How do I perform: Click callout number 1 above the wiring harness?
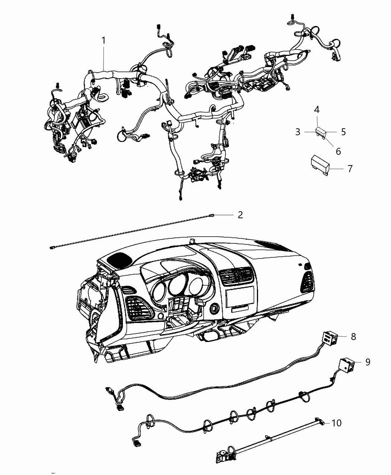coord(104,40)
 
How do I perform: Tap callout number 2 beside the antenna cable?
coord(240,215)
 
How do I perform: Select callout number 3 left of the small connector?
coord(298,132)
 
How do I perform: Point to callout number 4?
coord(317,110)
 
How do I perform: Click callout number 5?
coord(343,132)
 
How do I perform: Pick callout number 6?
coord(338,151)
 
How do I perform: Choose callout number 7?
coord(350,169)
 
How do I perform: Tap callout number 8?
coord(353,337)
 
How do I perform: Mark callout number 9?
coord(368,362)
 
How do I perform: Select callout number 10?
coord(336,423)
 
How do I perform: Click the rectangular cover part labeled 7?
coord(320,164)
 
